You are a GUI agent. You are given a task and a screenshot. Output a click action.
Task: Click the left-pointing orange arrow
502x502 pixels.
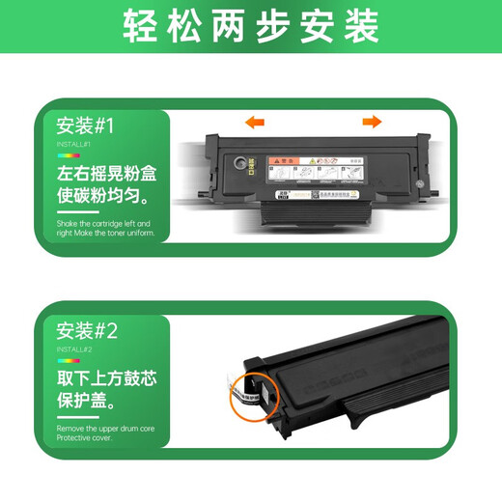click(x=255, y=122)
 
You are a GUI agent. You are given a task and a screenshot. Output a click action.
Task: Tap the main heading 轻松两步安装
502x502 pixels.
click(x=251, y=28)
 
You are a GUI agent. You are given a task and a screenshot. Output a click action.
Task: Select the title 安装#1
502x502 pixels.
click(x=86, y=125)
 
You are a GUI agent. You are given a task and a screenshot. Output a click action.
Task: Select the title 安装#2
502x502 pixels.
click(x=86, y=332)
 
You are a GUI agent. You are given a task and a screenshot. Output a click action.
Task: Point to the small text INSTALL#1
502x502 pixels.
click(x=74, y=144)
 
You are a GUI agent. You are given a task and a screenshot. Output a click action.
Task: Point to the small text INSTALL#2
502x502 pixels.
click(x=74, y=349)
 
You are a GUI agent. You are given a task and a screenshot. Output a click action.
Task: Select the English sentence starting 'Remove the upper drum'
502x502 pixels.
click(x=104, y=432)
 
